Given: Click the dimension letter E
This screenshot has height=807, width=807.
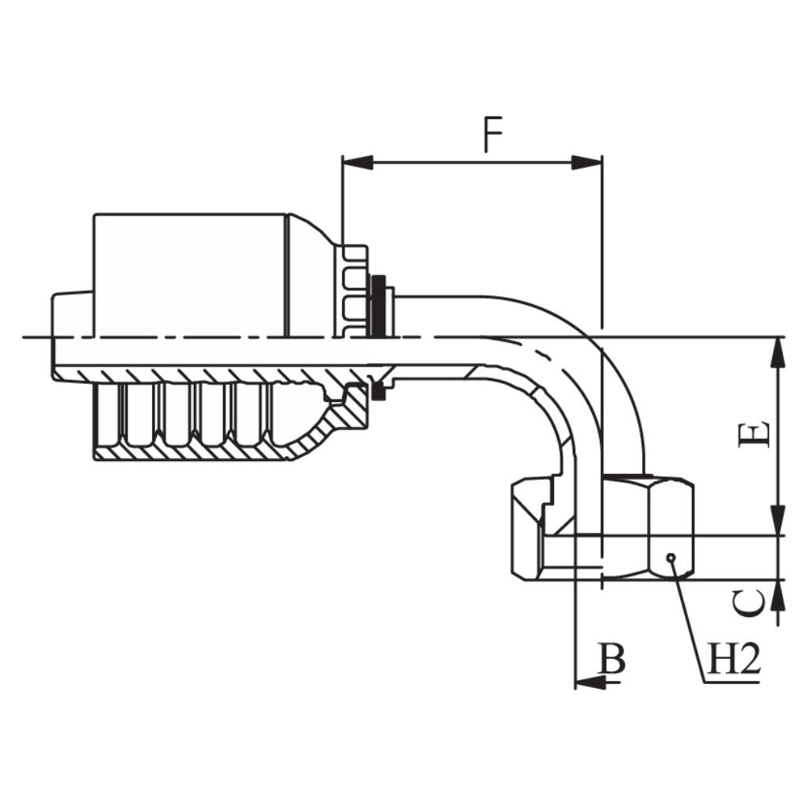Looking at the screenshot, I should click(x=754, y=435).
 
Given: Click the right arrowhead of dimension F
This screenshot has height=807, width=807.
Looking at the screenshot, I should click(x=586, y=162).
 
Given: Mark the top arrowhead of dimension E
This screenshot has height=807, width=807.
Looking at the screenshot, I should click(x=778, y=351).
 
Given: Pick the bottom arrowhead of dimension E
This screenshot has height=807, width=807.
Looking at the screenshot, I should click(x=778, y=521).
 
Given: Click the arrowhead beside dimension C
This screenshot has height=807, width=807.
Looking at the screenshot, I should click(x=778, y=596).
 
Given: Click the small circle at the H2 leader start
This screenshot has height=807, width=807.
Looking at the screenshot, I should click(x=671, y=558).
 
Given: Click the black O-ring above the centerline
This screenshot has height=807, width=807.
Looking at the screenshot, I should click(x=379, y=303).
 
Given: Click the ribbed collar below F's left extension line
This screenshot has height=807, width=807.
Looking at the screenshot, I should click(x=355, y=292).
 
